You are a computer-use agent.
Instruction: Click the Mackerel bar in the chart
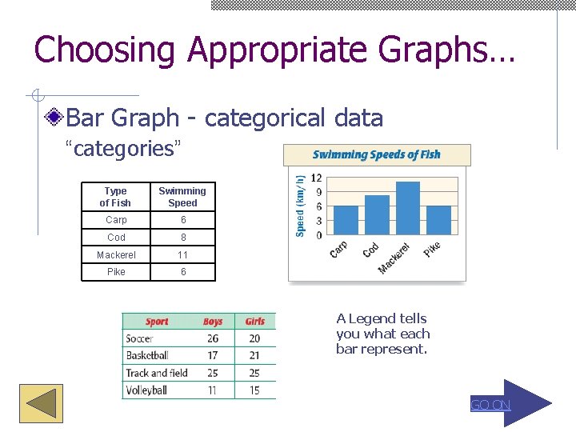point(407,209)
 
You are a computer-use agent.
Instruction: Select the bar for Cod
point(377,215)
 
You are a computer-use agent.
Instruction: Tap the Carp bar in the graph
point(346,221)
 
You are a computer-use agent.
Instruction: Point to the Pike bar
point(438,221)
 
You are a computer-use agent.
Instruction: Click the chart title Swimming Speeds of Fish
point(376,154)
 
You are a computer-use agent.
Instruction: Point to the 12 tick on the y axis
point(316,178)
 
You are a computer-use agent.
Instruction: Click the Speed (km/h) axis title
point(300,206)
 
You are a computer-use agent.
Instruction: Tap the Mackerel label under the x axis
point(394,258)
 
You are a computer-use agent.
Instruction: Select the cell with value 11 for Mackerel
point(182,255)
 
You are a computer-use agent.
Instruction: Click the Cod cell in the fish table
point(116,238)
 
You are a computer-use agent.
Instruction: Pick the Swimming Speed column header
point(182,197)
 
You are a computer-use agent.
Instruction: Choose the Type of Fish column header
point(115,197)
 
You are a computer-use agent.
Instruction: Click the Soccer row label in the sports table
point(139,338)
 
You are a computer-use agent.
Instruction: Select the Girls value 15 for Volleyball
point(254,390)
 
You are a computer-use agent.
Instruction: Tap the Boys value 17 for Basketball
point(212,355)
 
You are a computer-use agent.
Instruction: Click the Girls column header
point(254,322)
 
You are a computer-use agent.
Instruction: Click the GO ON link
point(490,405)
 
